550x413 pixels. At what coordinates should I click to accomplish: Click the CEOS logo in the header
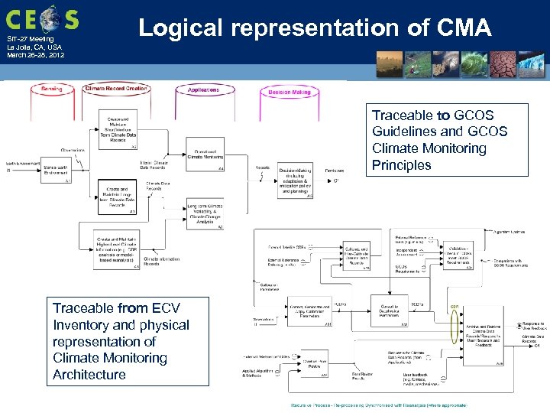coord(41,18)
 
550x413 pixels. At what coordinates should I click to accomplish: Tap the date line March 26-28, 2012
coord(36,55)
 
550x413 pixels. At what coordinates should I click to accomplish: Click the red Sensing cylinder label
coord(52,89)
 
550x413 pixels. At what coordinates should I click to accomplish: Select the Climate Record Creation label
coord(116,89)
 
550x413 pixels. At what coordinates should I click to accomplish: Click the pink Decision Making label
coord(289,92)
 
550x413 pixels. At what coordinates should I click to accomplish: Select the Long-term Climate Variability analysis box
coord(204,215)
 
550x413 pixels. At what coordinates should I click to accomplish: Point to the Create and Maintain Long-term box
coord(118,198)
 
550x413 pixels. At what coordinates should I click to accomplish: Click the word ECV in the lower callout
coord(166,308)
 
